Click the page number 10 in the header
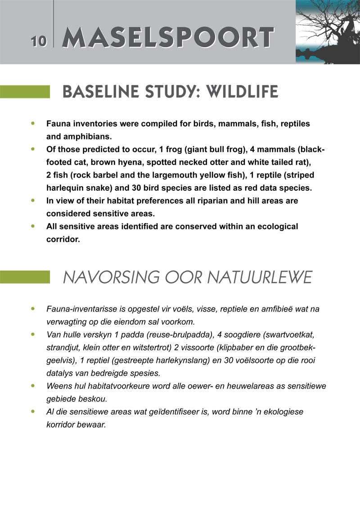tap(39, 41)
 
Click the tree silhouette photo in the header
tap(327, 31)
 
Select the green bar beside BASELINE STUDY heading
tap(25, 92)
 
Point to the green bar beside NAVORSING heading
tap(25, 277)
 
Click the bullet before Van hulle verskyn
tap(32, 335)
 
